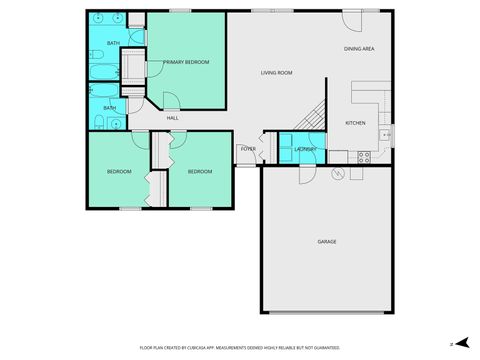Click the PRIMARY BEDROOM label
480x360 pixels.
point(186,62)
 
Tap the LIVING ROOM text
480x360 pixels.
point(276,72)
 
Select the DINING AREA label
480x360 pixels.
point(359,48)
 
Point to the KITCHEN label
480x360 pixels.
point(355,123)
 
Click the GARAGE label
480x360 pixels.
point(327,242)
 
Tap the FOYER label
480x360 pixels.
point(248,149)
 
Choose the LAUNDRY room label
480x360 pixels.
point(305,149)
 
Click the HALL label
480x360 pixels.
point(172,118)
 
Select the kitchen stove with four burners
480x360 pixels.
point(364,155)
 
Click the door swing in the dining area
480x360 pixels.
point(353,21)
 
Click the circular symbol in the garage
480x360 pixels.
point(337,174)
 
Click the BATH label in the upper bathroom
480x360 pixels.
point(113,43)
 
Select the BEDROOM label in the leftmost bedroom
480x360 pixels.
point(119,171)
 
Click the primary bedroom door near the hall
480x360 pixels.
point(170,99)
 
